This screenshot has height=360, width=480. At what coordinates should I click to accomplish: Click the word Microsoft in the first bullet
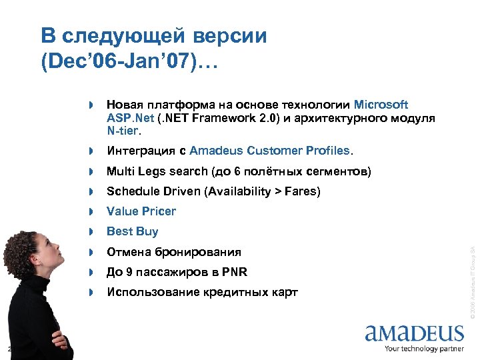click(x=381, y=105)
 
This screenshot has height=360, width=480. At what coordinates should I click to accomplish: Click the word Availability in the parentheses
click(x=241, y=192)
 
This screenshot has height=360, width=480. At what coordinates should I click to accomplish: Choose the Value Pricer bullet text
click(x=141, y=211)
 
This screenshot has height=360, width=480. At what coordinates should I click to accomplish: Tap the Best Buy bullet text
click(x=133, y=231)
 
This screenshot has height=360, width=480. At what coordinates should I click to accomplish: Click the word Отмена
click(x=129, y=252)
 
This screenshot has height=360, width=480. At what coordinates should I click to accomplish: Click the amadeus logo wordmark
click(x=414, y=333)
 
